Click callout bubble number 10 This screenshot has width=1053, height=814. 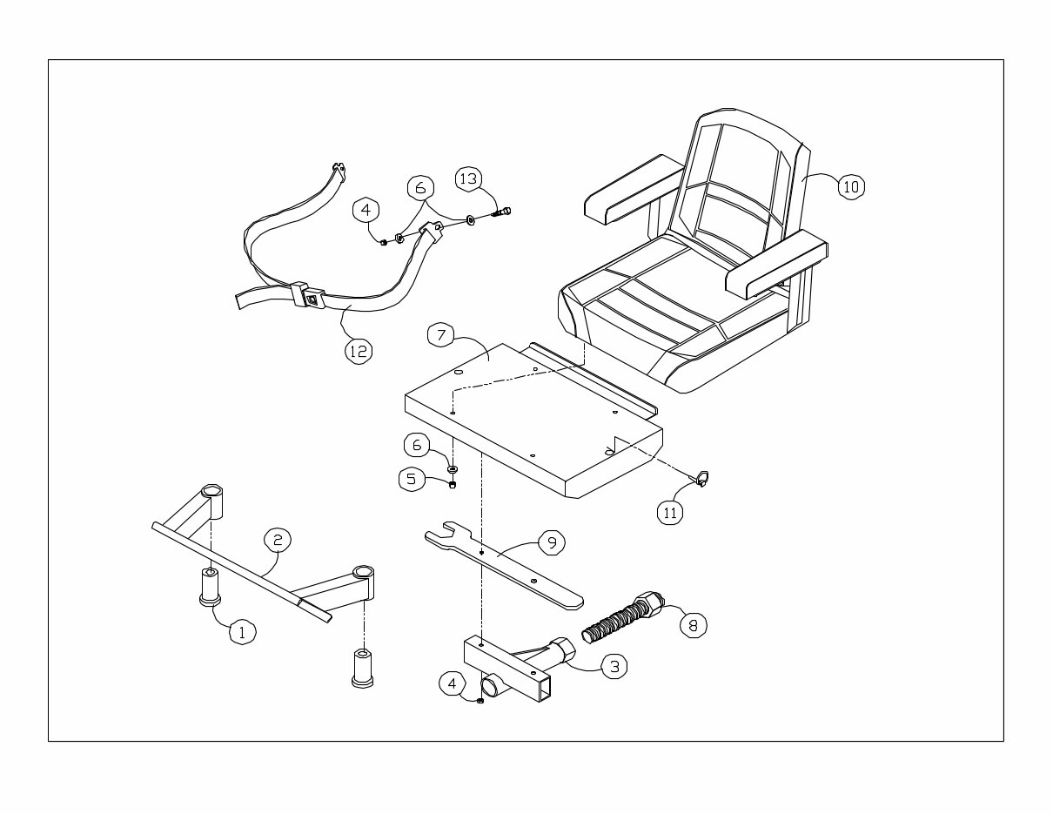tap(851, 186)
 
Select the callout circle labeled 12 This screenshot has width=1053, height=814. tap(357, 350)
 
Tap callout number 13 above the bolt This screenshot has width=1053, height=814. tap(468, 179)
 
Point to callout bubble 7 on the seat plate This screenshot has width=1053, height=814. tap(441, 334)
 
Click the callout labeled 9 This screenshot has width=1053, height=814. tap(551, 542)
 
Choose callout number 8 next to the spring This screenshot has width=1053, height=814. tap(693, 624)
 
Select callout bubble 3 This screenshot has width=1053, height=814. tap(614, 667)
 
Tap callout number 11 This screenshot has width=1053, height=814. tap(669, 513)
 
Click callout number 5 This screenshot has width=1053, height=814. tap(412, 478)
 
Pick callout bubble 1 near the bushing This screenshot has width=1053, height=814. tap(242, 633)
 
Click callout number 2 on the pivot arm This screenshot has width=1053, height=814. tap(277, 540)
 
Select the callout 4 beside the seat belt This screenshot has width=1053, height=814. tap(366, 209)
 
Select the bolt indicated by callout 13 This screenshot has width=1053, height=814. tap(503, 211)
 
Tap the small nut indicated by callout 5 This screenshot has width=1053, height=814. tap(453, 485)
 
